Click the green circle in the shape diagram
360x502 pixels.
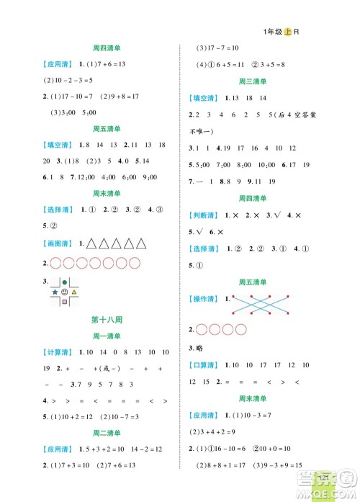(66, 282)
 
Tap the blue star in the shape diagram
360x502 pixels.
(55, 292)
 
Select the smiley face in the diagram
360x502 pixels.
(66, 292)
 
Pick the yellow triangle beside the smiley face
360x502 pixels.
(76, 292)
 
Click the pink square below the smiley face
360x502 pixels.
(66, 302)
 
